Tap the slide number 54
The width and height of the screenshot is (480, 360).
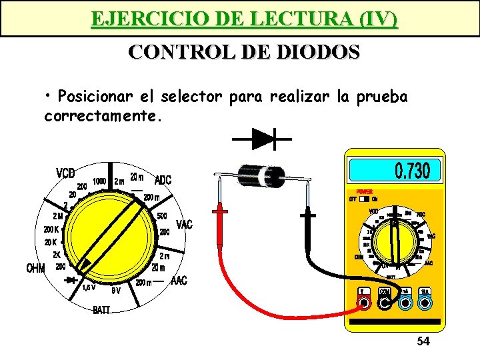click(423, 342)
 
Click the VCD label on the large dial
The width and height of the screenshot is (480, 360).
click(65, 173)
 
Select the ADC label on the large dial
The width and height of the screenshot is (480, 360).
click(163, 180)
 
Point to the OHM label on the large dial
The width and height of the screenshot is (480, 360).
click(35, 269)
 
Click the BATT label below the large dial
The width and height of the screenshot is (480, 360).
click(102, 309)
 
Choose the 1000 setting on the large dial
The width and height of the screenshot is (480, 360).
click(100, 181)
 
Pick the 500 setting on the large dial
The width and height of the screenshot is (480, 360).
click(162, 216)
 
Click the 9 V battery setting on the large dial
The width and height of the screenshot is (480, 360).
click(115, 291)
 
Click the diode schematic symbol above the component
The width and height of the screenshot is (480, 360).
click(262, 139)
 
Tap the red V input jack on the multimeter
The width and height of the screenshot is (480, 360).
click(365, 304)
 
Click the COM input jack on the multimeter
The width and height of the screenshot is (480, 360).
click(385, 304)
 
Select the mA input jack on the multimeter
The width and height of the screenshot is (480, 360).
click(405, 304)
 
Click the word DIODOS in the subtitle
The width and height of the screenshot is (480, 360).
click(317, 51)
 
